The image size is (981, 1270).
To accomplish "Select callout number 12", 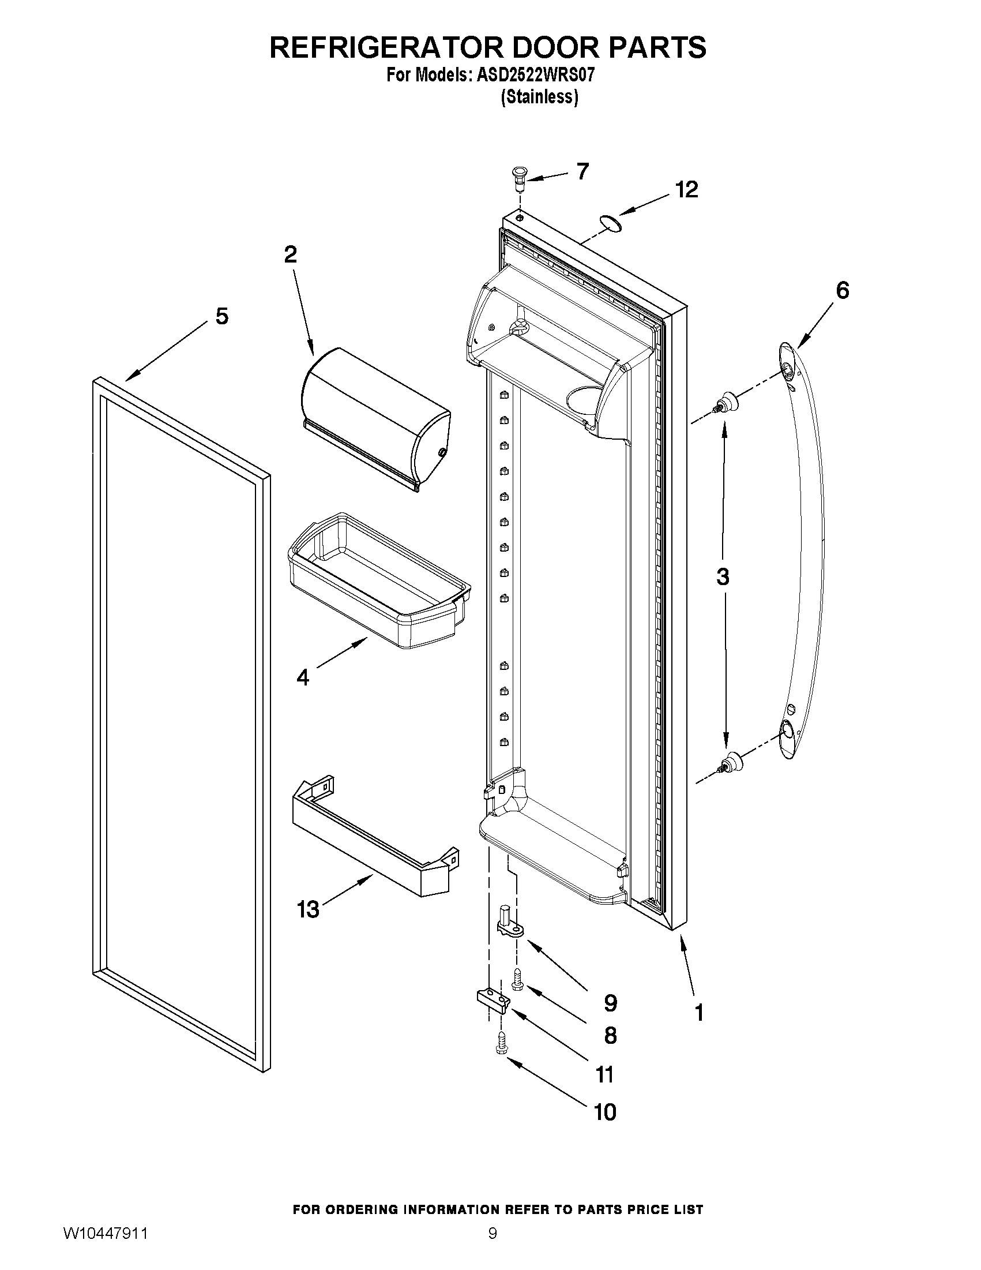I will coord(686,190).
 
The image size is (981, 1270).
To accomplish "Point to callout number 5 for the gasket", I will coord(222,316).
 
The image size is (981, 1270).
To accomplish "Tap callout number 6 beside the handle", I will coord(842,290).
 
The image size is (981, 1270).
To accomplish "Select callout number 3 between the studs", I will coord(723,577).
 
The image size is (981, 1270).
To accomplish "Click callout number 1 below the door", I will coord(699,1013).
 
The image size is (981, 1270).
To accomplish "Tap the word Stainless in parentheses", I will coord(540,96).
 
